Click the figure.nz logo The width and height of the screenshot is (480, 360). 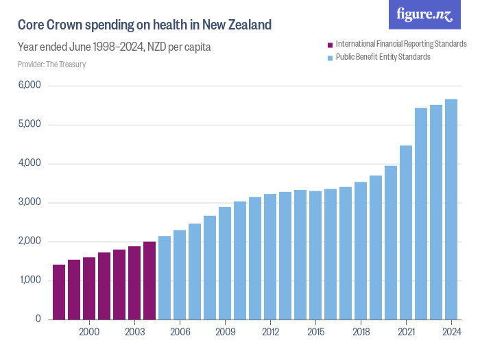click(x=424, y=14)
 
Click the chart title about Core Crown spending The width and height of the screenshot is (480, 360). click(x=145, y=25)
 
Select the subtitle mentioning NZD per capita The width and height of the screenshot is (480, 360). click(x=114, y=47)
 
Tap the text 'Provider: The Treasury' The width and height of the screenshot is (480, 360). click(x=51, y=64)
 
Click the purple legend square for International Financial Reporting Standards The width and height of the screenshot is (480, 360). click(x=330, y=45)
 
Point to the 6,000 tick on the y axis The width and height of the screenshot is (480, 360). click(x=30, y=86)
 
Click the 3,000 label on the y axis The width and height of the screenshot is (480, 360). click(x=30, y=203)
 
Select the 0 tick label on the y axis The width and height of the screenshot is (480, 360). click(x=38, y=320)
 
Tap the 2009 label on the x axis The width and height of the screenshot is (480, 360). click(x=225, y=333)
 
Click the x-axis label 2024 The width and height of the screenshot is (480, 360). click(x=451, y=333)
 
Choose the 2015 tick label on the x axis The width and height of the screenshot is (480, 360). click(x=315, y=333)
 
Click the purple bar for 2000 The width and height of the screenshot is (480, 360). click(x=89, y=288)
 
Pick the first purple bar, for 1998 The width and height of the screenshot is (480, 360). click(x=59, y=292)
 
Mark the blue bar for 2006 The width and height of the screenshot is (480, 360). click(x=180, y=274)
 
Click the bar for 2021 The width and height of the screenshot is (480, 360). click(x=406, y=232)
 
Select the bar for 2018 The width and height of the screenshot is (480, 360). click(x=361, y=250)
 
